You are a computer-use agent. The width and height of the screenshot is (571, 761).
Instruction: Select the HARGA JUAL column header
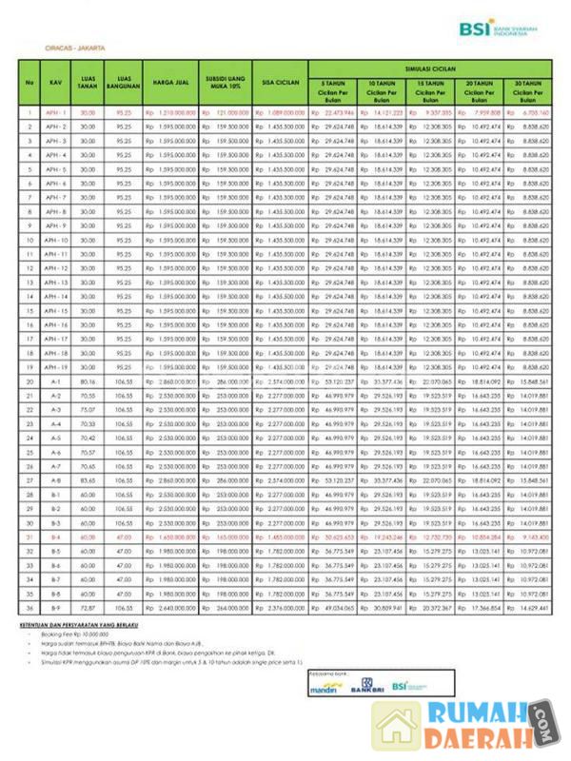pos(169,83)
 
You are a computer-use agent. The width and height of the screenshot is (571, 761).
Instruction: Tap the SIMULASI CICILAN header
pos(430,69)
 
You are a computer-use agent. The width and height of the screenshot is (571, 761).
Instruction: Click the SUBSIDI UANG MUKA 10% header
pos(226,83)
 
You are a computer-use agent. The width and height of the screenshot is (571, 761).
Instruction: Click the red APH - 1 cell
pos(56,112)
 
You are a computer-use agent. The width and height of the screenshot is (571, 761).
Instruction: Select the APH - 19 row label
pos(56,366)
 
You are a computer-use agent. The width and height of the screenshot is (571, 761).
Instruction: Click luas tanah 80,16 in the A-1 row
pos(89,380)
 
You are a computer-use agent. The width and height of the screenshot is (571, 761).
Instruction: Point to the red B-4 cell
pos(56,537)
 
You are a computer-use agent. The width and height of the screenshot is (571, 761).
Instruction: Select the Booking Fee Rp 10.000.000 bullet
pos(84,635)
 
